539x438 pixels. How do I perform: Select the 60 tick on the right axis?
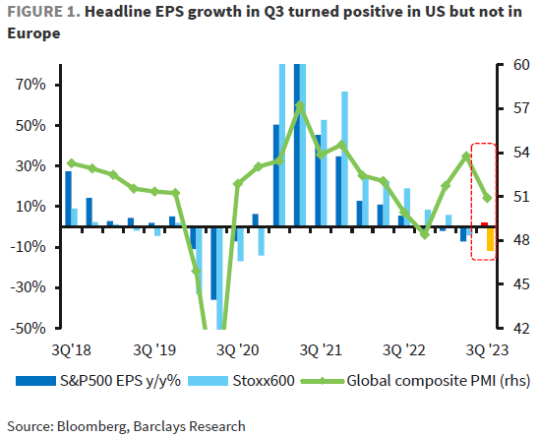(x=518, y=65)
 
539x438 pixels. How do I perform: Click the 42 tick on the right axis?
(x=518, y=328)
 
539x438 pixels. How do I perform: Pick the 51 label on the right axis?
(x=518, y=197)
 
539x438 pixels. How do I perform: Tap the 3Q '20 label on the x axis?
(x=236, y=349)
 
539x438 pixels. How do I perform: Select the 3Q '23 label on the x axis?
(x=487, y=349)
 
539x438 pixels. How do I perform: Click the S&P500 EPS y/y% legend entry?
(x=102, y=379)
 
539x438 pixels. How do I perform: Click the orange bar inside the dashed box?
(x=491, y=239)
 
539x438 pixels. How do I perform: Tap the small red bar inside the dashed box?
(x=484, y=224)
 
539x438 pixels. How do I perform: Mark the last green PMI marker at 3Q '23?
(x=488, y=198)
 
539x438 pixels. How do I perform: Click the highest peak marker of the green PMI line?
(x=300, y=105)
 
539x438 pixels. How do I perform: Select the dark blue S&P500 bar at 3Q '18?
(x=68, y=199)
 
